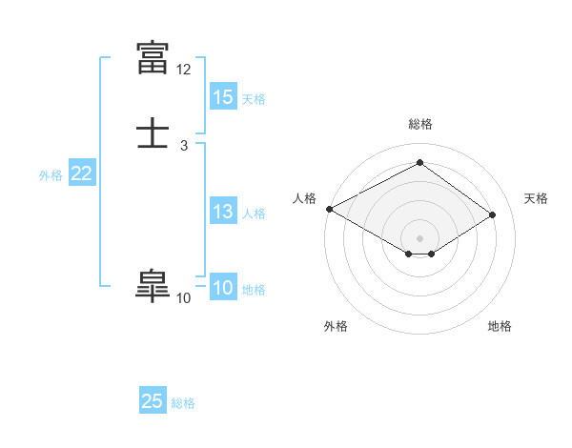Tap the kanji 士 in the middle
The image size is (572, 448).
154,132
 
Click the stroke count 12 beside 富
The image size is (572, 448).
183,70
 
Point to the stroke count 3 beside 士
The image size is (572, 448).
183,145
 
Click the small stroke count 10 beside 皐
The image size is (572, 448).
183,298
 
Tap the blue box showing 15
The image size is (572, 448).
223,97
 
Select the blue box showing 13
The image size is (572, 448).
223,212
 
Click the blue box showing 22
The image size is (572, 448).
82,173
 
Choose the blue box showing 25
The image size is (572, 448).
153,401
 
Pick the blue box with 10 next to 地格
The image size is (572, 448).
223,289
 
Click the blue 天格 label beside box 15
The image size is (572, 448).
254,98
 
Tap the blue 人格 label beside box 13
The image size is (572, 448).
254,213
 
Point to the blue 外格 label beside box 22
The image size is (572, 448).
51,174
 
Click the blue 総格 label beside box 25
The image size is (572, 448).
183,402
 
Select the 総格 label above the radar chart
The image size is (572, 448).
420,124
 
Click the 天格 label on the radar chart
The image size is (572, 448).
536,198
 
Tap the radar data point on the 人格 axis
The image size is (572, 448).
329,208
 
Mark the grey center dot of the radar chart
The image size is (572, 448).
420,237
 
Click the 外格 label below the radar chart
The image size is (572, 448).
336,326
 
